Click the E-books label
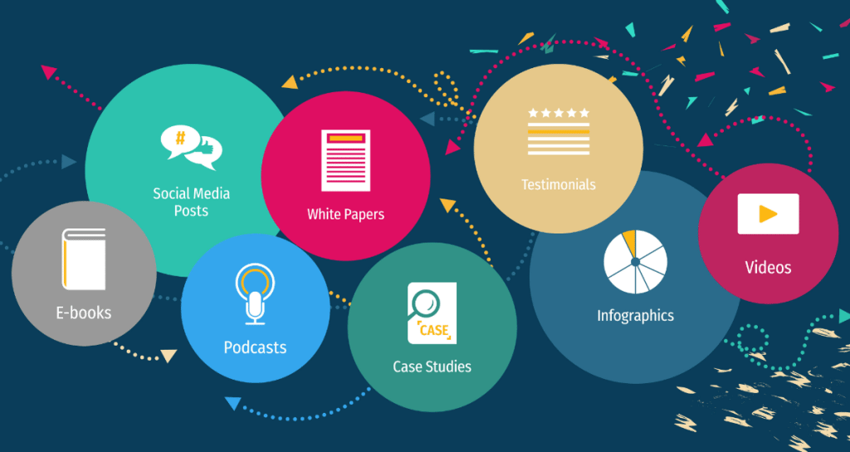click(x=83, y=313)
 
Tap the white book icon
click(x=83, y=258)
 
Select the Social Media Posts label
click(x=191, y=202)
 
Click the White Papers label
click(x=345, y=214)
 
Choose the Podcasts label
click(x=255, y=347)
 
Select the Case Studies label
click(x=432, y=366)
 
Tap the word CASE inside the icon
click(x=434, y=331)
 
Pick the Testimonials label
click(x=558, y=184)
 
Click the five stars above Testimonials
click(x=558, y=112)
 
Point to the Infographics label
click(x=635, y=316)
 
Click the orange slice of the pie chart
click(x=629, y=243)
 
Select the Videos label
click(x=768, y=268)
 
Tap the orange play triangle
click(x=768, y=214)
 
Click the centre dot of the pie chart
click(x=635, y=262)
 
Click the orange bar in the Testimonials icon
click(x=558, y=132)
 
